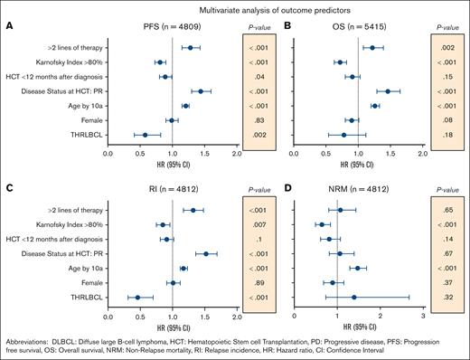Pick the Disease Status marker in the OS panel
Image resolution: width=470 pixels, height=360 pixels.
(x=388, y=91)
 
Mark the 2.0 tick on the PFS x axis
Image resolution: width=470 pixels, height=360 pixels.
(x=236, y=155)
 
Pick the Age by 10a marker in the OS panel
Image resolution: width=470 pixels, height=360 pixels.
(x=375, y=106)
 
